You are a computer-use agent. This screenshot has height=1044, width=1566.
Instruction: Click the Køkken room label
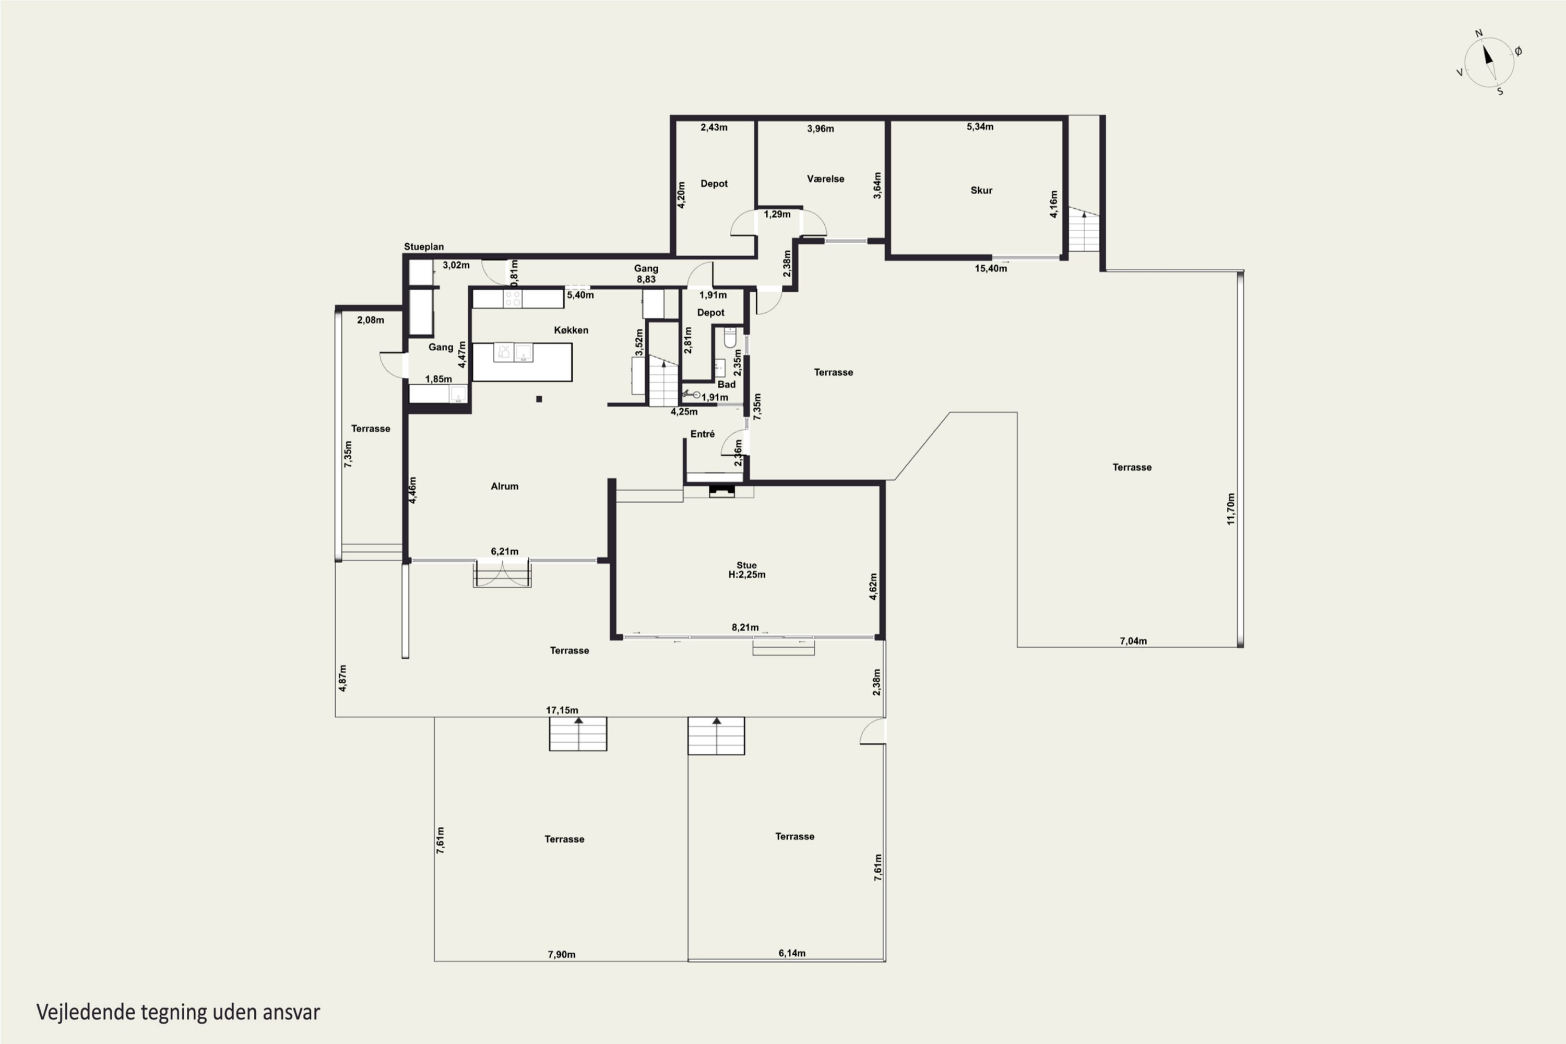tap(571, 330)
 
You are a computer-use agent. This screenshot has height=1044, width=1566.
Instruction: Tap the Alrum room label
tap(504, 486)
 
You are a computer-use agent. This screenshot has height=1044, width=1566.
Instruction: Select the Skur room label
tap(981, 191)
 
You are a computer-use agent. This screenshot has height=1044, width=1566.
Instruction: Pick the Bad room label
tap(727, 384)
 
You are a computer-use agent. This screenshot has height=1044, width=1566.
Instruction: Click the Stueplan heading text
tap(423, 246)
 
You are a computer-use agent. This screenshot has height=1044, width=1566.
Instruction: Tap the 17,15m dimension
tap(562, 710)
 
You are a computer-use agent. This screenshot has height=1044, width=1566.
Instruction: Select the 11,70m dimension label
tap(1230, 508)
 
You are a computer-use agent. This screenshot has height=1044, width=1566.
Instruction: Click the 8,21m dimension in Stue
tap(745, 627)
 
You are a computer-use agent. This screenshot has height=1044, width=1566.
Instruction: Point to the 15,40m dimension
tap(991, 268)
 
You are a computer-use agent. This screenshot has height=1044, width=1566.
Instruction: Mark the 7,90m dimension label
tap(561, 954)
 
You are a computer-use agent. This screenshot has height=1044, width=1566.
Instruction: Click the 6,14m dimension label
tap(792, 953)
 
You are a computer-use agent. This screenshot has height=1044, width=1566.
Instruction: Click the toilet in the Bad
tap(730, 338)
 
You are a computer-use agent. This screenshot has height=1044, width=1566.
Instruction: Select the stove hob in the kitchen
tap(512, 299)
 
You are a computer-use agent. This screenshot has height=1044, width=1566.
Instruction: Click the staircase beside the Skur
tap(1083, 229)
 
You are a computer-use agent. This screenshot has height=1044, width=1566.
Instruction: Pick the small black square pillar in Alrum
tap(539, 399)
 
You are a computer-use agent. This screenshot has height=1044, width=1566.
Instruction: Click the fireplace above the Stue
tap(721, 491)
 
